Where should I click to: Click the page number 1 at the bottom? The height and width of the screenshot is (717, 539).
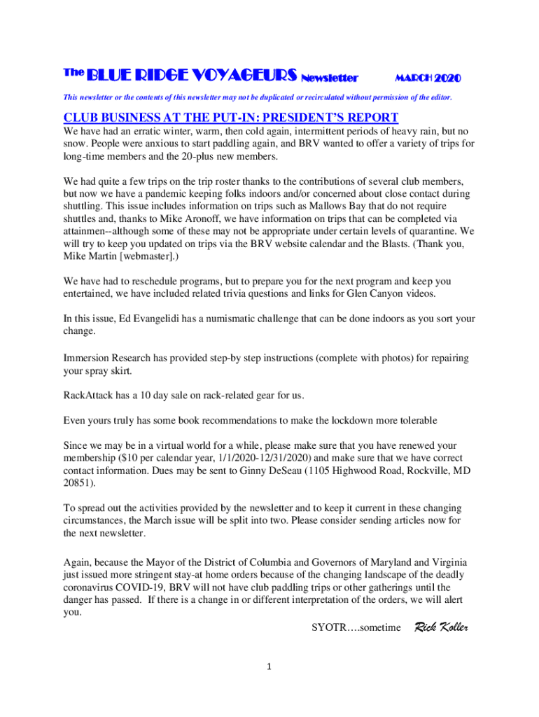point(269,667)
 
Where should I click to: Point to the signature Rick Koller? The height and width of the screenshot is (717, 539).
point(442,627)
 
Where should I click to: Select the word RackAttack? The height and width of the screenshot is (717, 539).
point(90,396)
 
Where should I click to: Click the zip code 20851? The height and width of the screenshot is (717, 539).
point(78,483)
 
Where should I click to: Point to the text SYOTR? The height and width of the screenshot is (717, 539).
point(329,627)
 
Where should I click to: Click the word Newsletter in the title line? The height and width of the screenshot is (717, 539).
point(328,76)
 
